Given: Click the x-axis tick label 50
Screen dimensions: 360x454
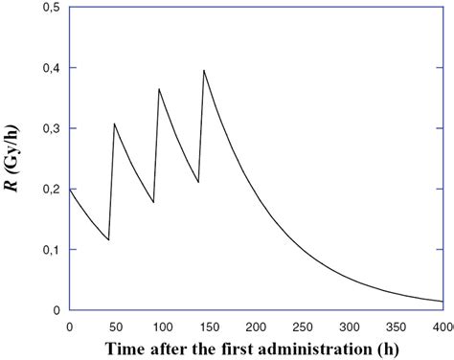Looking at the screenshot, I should coord(115,326).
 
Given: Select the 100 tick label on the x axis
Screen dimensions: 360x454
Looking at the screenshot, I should coord(162,326).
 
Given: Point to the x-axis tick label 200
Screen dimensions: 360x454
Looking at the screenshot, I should coord(256,326).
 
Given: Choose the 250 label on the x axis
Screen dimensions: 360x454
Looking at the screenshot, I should coord(303,326).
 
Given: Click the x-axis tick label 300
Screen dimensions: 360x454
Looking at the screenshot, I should coord(350,326).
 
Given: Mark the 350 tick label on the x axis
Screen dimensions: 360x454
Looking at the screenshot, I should coord(397,326).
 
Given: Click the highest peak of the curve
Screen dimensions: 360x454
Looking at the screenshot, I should coord(204,70).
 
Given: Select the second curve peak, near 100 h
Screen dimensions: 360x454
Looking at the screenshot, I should coord(159,89).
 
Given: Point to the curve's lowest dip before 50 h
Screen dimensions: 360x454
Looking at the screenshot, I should coord(108,239).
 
